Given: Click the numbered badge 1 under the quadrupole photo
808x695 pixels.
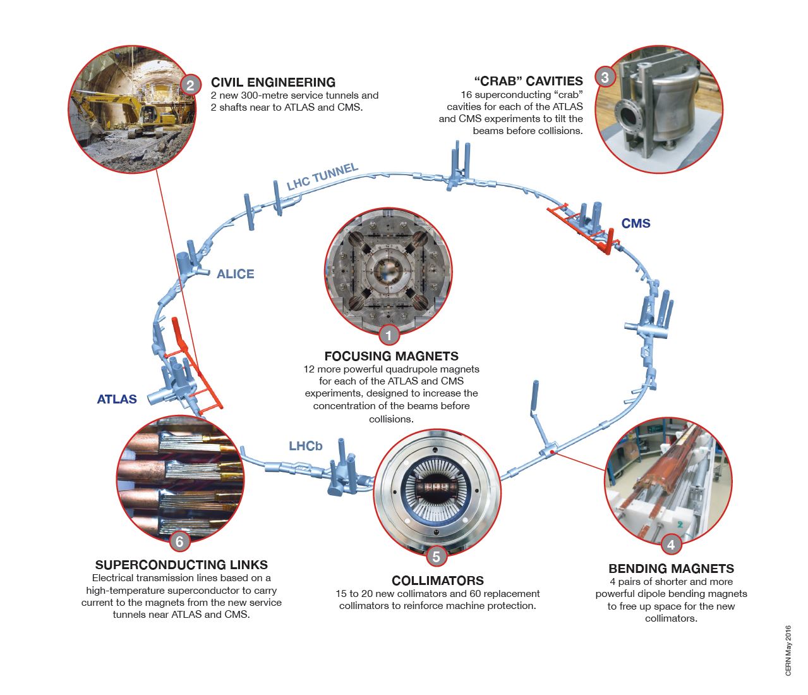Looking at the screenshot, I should point(389,336).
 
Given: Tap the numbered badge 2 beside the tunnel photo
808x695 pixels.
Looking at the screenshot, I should point(190,85).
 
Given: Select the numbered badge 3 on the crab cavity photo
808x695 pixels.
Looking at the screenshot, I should point(605,77).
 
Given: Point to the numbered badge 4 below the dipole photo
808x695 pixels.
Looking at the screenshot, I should point(670,544).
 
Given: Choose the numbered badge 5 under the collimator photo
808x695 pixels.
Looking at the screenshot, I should point(436,557).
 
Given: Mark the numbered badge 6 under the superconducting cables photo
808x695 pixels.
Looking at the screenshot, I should point(179,541).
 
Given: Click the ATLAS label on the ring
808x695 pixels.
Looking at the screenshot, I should point(117,399).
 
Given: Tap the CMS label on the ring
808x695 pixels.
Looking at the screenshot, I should point(636,223).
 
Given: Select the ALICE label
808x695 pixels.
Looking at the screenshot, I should point(235,274).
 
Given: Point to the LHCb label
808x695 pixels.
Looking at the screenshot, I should point(305,446).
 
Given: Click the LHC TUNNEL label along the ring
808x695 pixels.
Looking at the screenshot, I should point(322,176).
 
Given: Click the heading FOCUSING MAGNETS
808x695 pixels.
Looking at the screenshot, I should point(391,356).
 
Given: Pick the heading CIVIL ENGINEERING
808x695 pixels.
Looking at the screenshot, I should point(273,82).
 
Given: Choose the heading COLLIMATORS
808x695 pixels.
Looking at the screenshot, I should point(437,581).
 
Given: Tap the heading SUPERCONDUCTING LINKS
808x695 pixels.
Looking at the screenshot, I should point(181,565).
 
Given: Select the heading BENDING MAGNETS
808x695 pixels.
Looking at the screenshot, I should point(671,569).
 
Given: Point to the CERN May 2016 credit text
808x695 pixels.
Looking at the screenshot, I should point(788,651).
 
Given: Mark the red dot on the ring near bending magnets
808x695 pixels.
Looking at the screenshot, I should point(552,452).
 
